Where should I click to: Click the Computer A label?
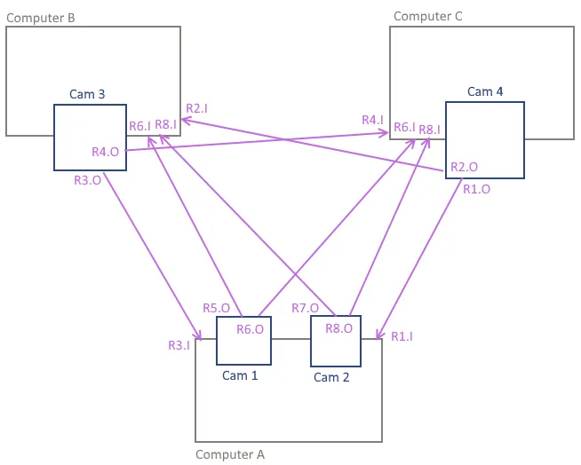[x=230, y=454]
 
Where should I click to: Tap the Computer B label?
[x=41, y=17]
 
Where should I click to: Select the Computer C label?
[x=428, y=16]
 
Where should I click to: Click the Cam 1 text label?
[x=240, y=375]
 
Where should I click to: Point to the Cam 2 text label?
[x=332, y=377]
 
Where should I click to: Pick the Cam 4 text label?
[x=486, y=91]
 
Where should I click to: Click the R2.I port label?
[x=197, y=108]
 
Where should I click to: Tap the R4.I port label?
[x=373, y=120]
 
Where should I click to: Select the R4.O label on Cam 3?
[x=106, y=152]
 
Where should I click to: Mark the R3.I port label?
[x=179, y=345]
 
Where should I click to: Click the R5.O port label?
[x=217, y=308]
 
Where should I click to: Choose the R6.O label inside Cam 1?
[x=250, y=329]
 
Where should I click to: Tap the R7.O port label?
[x=306, y=308]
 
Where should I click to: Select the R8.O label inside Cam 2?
[x=339, y=327]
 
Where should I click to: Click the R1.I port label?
[x=402, y=336]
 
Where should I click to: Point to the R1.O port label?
[x=476, y=188]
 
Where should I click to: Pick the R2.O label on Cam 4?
[x=464, y=167]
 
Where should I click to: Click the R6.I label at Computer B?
[x=139, y=126]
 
